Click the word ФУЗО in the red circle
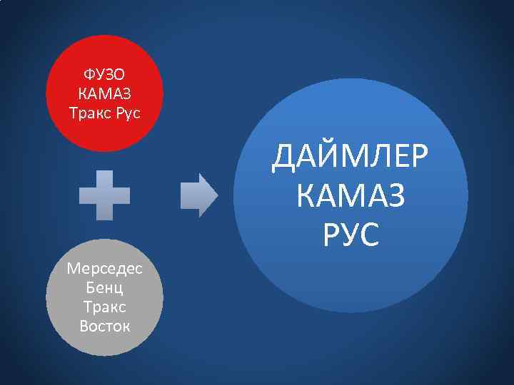coord(104,74)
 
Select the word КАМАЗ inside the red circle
coord(104,93)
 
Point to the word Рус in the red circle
coord(125,112)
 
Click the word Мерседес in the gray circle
coord(104,269)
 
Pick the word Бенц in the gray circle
coord(104,289)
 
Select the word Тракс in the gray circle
coord(104,307)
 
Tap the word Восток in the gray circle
coord(104,327)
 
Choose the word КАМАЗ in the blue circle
coord(351,195)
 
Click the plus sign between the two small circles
coord(104,195)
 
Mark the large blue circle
coord(351,278)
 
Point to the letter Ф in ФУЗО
coord(89,74)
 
